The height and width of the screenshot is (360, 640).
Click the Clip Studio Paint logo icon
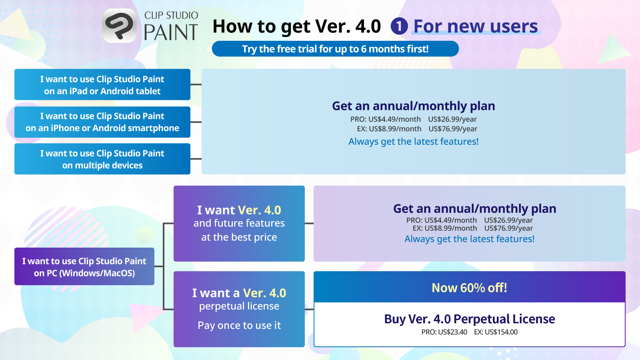[120, 26]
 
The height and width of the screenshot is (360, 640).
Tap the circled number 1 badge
[399, 26]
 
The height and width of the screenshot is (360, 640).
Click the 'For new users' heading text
[476, 26]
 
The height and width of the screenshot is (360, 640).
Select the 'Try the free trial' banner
[336, 49]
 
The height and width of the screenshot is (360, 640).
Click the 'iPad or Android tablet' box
[102, 84]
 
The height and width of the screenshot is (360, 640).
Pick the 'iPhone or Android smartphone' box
[102, 122]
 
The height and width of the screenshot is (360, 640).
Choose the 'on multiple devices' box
[102, 159]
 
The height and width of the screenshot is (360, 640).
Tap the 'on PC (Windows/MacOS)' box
[84, 266]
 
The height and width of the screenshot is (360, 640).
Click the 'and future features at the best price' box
[239, 224]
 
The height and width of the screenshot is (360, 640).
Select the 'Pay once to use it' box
[239, 309]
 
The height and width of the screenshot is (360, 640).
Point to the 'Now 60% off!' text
[470, 288]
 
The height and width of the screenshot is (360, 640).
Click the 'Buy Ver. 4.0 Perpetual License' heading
[470, 319]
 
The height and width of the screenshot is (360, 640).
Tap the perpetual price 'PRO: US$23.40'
[444, 332]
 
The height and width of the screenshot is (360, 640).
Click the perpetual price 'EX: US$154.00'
[496, 332]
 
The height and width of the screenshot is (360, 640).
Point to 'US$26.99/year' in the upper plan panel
[452, 119]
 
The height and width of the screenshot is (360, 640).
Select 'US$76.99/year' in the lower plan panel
[508, 228]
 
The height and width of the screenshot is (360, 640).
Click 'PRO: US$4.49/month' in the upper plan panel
[386, 119]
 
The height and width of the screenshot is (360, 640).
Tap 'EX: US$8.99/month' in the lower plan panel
[445, 228]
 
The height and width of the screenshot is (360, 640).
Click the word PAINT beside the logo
[171, 32]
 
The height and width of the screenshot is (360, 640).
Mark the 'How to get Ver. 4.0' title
[297, 26]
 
